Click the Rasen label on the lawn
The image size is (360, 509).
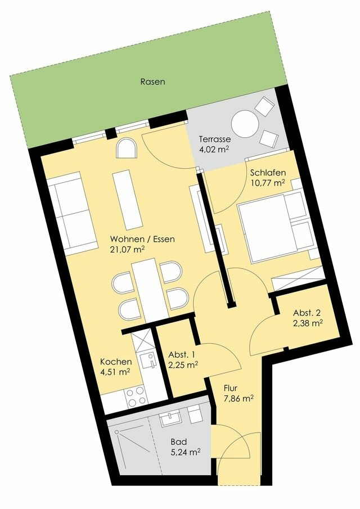[152, 82]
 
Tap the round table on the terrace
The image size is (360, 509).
[246, 122]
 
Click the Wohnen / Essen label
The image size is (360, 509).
[142, 239]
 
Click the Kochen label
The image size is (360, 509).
[116, 362]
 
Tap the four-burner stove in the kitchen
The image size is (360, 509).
[136, 397]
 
